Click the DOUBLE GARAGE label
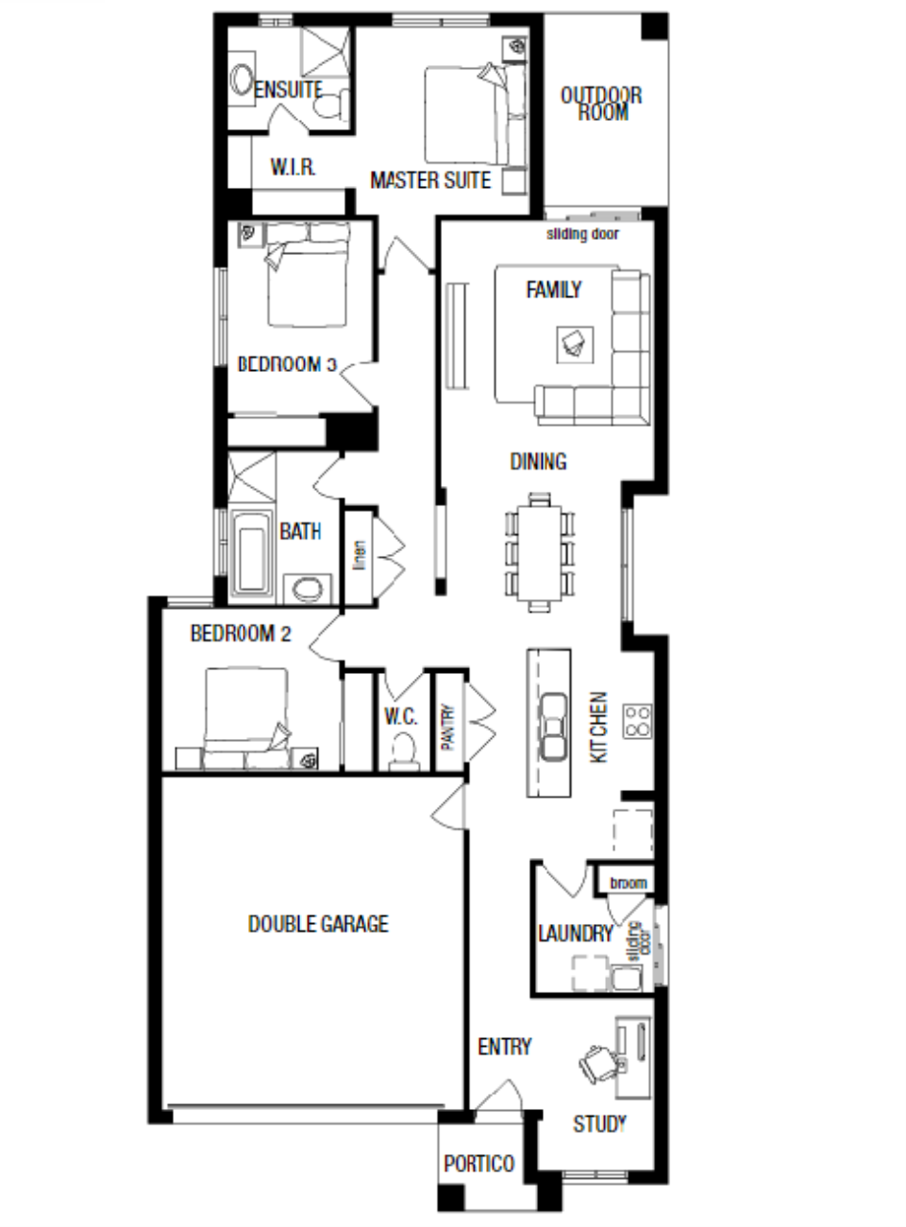pyautogui.click(x=318, y=923)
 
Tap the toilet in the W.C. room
pyautogui.click(x=404, y=751)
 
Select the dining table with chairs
pyautogui.click(x=540, y=552)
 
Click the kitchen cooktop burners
pyautogui.click(x=637, y=722)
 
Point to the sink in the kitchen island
pyautogui.click(x=553, y=727)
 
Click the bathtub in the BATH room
pyautogui.click(x=252, y=557)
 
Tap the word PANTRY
pyautogui.click(x=449, y=727)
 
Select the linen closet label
pyautogui.click(x=360, y=555)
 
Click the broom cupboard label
pyautogui.click(x=628, y=883)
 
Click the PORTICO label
pyautogui.click(x=479, y=1164)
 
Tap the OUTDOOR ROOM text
pyautogui.click(x=601, y=104)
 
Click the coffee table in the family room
pyautogui.click(x=575, y=345)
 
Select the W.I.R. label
pyautogui.click(x=293, y=167)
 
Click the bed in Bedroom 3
pyautogui.click(x=308, y=274)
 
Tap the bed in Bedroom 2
pyautogui.click(x=246, y=718)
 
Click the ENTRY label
pyautogui.click(x=504, y=1047)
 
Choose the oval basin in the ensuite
pyautogui.click(x=242, y=80)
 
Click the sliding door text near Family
pyautogui.click(x=582, y=234)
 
